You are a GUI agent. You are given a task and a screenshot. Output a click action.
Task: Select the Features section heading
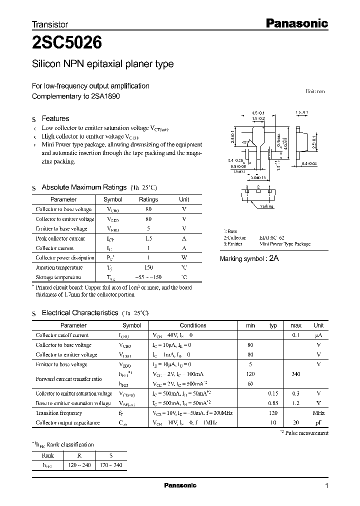[55, 118]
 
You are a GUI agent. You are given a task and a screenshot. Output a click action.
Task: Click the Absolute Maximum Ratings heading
[83, 187]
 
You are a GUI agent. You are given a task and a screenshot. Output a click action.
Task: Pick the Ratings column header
[148, 199]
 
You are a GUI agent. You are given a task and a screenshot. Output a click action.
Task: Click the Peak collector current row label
[60, 238]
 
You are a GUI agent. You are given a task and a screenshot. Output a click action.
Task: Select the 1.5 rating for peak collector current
[148, 238]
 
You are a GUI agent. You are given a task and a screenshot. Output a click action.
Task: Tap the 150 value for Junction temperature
[148, 267]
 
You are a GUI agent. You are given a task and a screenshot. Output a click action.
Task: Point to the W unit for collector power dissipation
[184, 258]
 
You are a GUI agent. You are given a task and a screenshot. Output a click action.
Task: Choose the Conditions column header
[192, 325]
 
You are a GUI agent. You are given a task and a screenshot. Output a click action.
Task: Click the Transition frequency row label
[58, 413]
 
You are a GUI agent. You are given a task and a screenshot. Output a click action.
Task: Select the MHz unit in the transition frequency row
[318, 413]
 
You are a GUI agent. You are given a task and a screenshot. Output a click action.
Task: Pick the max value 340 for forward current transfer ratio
[296, 373]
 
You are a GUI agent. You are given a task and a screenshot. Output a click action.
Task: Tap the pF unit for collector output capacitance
[318, 422]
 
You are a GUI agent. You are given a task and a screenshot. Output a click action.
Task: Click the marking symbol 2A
[274, 258]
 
